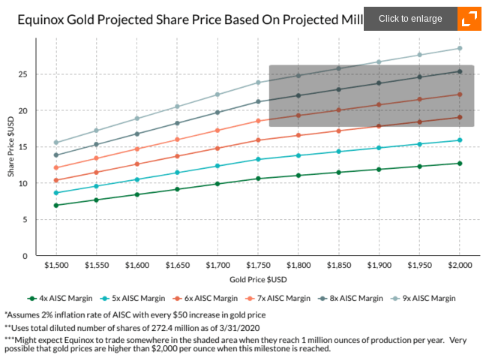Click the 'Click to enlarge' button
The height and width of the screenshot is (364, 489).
[410, 19]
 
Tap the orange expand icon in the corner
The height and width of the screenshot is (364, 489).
[469, 19]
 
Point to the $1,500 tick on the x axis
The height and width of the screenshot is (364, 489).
[56, 265]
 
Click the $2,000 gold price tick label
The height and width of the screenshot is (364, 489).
[460, 265]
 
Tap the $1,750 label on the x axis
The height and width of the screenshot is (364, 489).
[258, 265]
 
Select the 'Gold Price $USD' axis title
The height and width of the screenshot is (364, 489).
[258, 279]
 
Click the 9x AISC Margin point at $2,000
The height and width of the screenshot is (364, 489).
[460, 49]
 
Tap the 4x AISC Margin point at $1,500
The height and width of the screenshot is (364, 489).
[56, 205]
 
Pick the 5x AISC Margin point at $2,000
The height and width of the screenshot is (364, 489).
[460, 140]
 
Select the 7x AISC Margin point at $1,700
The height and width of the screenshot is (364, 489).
[217, 131]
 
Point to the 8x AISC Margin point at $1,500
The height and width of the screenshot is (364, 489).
[56, 155]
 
